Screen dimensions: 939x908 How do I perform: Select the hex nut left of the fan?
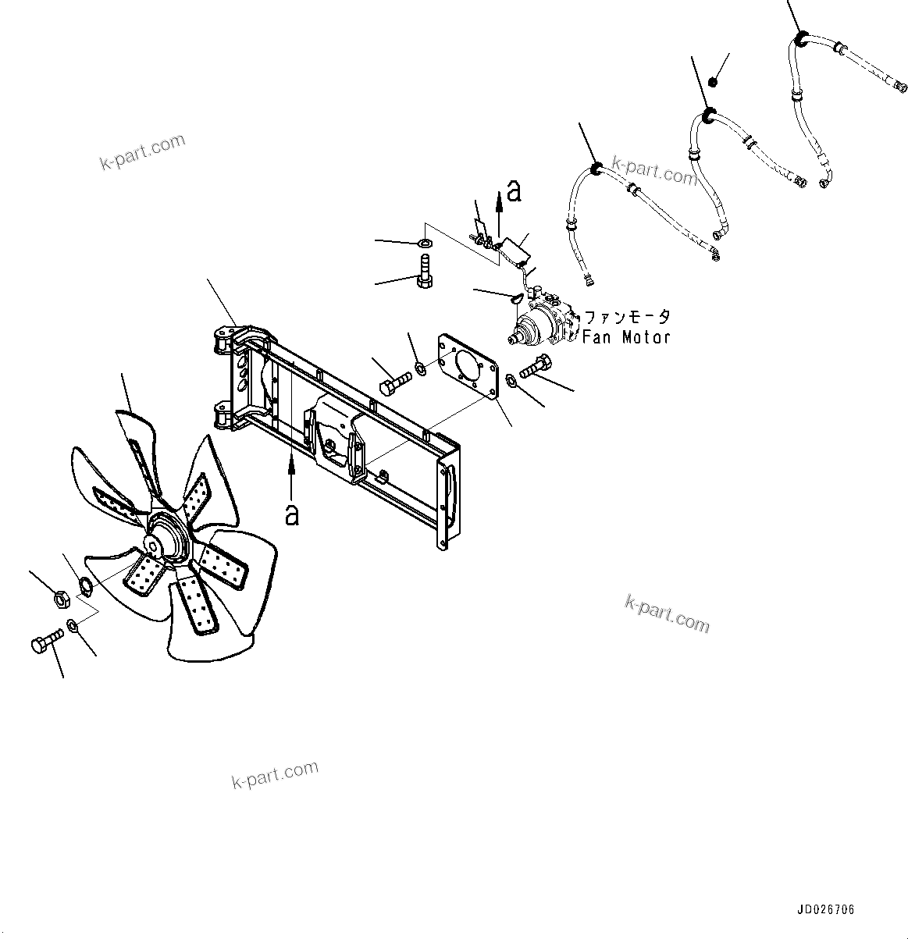(59, 599)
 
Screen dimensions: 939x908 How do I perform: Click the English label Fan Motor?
(626, 337)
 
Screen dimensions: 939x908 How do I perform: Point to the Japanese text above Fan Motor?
(627, 317)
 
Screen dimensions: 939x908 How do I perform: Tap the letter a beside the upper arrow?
(513, 190)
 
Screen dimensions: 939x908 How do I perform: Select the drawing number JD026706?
(826, 910)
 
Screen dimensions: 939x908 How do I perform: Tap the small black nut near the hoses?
(712, 82)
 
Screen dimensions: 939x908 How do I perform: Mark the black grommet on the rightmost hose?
(801, 37)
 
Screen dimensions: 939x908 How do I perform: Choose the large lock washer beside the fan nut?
(87, 584)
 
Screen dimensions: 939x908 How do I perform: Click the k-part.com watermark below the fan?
(275, 774)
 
